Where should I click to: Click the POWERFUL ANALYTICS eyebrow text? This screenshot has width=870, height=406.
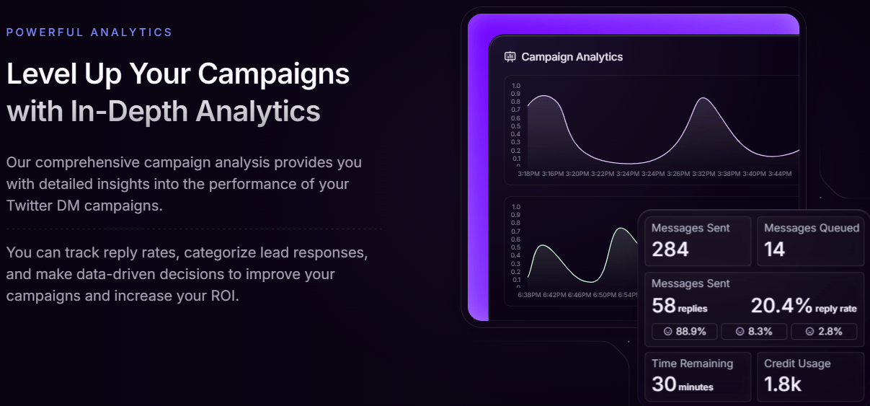click(89, 32)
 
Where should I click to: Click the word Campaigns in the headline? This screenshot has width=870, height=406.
click(273, 74)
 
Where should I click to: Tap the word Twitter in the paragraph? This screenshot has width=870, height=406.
click(29, 206)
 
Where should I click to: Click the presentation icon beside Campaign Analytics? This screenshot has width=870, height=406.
click(510, 57)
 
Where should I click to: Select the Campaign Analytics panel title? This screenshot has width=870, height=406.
click(572, 57)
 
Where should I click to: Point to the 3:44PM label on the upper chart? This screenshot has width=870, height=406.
click(779, 174)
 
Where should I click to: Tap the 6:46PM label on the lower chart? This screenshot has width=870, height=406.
click(579, 295)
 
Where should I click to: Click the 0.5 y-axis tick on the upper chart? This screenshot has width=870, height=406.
click(516, 126)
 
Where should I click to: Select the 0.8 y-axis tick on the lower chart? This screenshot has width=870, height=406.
click(516, 223)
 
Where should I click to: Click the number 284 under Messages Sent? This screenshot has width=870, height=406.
click(670, 249)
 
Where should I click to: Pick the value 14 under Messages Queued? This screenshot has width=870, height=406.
click(774, 249)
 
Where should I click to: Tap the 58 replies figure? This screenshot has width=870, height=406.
click(680, 306)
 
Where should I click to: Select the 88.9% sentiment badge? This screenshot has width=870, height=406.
click(684, 332)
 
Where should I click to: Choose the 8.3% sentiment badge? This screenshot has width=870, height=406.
click(754, 332)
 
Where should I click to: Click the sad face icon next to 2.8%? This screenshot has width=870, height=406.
click(809, 332)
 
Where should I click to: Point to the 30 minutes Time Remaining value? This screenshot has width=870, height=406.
click(683, 384)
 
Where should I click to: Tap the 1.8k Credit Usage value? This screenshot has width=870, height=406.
click(782, 384)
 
